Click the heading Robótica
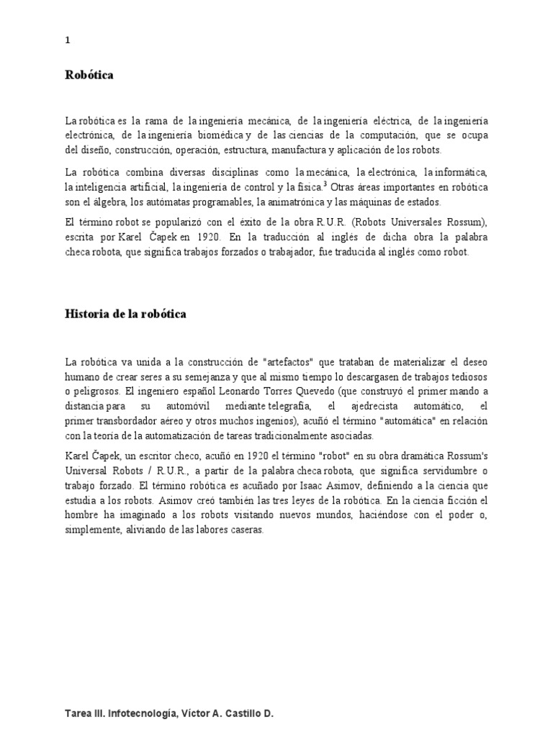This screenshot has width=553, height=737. (x=89, y=76)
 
